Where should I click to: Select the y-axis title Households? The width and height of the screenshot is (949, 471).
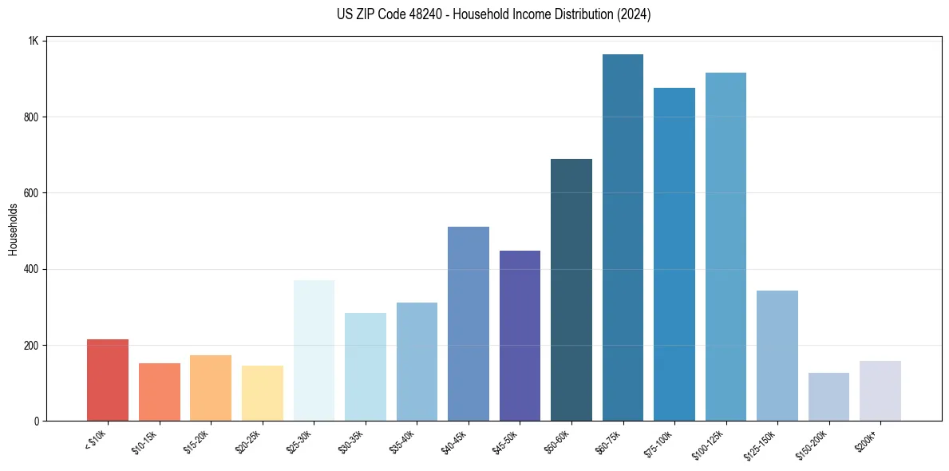[x=13, y=229]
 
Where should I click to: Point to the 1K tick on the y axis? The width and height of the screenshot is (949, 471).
[x=34, y=41]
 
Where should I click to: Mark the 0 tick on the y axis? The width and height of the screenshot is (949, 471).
[x=37, y=421]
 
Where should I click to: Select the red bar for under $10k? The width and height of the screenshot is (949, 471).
[x=108, y=380]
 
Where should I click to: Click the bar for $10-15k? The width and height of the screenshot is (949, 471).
[x=160, y=392]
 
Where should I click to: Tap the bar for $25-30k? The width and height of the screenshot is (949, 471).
[x=314, y=350]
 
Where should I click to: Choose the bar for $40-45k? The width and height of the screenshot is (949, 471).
[x=469, y=323]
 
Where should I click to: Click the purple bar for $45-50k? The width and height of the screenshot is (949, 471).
[x=520, y=335]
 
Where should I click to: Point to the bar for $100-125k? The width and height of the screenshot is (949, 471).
[x=726, y=247]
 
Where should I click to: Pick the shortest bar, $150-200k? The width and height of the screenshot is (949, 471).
[x=828, y=397]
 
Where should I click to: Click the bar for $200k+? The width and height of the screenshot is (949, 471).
[x=880, y=390]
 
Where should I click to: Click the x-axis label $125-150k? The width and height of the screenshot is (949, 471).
[x=765, y=443]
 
